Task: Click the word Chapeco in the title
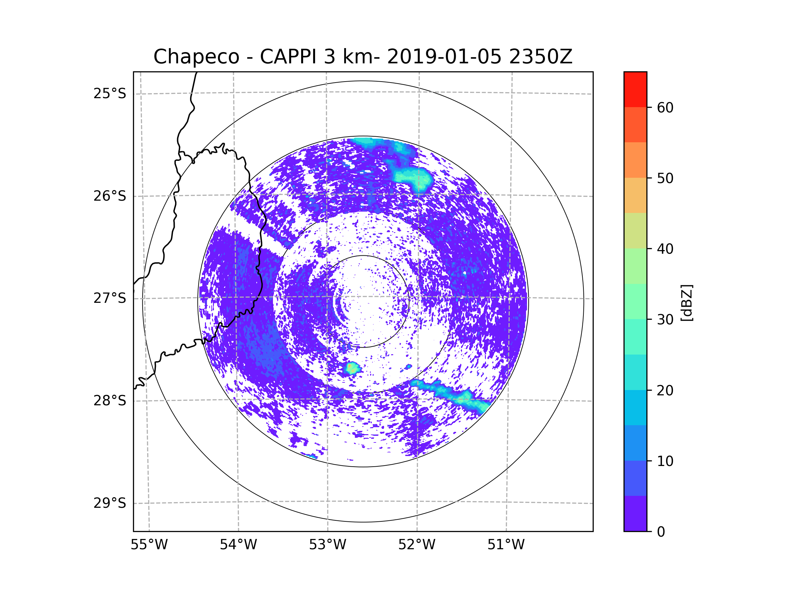tap(196, 57)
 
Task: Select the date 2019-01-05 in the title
tap(444, 57)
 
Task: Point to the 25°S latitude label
tap(110, 94)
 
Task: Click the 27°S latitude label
tap(110, 298)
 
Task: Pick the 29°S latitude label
tap(110, 503)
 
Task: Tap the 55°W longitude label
tap(149, 545)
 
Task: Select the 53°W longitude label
tap(327, 545)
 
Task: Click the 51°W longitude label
tap(506, 545)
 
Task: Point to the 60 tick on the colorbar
tap(665, 107)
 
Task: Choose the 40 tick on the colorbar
tap(665, 249)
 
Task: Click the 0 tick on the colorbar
tap(661, 532)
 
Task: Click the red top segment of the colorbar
tap(635, 89)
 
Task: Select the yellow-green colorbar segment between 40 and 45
tap(635, 231)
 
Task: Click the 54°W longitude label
tap(238, 545)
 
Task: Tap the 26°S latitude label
tap(110, 196)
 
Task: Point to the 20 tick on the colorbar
tap(665, 390)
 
